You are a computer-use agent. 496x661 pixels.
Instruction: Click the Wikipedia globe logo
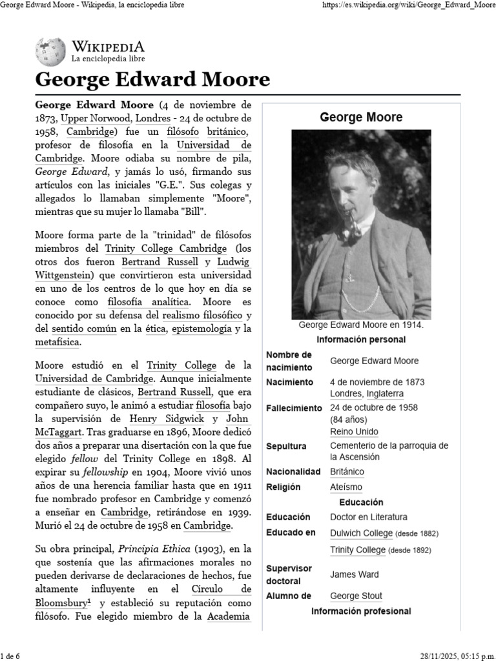click(50, 51)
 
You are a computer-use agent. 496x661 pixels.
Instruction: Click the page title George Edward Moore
click(152, 80)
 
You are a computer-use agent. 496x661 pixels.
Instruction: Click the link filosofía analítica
click(149, 301)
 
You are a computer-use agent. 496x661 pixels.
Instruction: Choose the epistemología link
click(200, 329)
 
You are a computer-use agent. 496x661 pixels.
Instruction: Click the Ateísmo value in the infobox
click(346, 487)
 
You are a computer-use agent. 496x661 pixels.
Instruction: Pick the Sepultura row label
click(286, 446)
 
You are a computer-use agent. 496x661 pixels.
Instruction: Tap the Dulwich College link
click(361, 533)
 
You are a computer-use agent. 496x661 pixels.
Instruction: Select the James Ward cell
click(355, 574)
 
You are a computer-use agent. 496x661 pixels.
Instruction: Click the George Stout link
click(356, 596)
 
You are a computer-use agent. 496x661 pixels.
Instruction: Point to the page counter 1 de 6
click(11, 656)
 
